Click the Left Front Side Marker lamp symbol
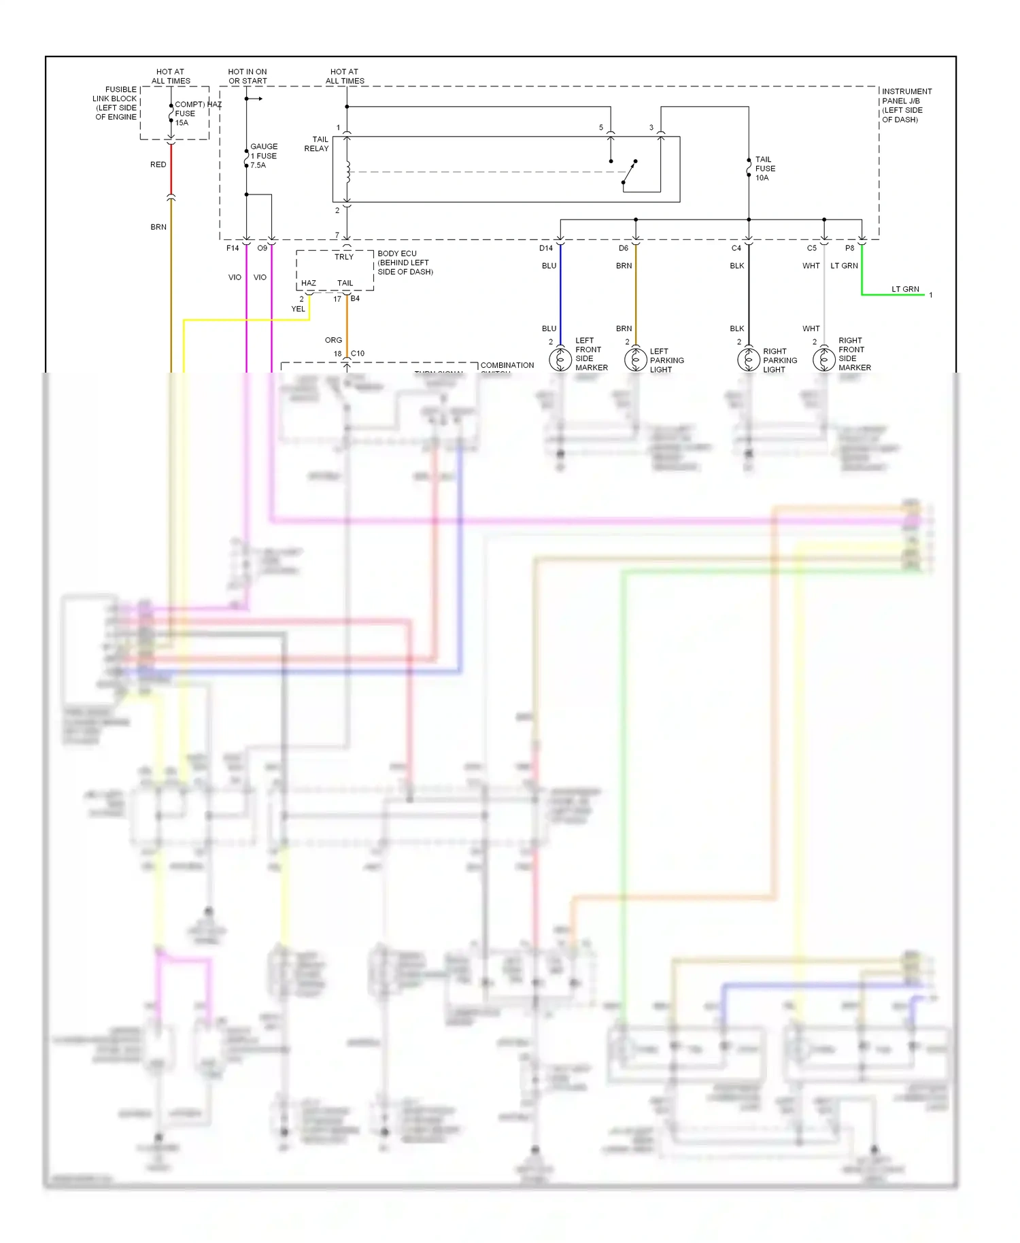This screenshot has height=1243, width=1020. (560, 358)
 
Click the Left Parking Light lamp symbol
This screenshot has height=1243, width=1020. (635, 358)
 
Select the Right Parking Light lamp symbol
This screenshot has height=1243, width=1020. (748, 358)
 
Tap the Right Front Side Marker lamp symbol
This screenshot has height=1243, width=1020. (823, 358)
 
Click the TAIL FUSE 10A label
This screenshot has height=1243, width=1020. (765, 169)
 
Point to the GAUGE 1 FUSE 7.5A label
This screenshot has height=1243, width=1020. (263, 156)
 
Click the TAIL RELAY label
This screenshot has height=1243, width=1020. (316, 143)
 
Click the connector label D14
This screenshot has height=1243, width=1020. (546, 248)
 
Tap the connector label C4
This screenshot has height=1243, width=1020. (736, 248)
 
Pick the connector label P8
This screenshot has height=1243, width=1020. (849, 248)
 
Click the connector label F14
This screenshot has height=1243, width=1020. (233, 248)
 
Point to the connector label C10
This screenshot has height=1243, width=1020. (358, 354)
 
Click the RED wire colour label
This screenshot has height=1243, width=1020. (158, 165)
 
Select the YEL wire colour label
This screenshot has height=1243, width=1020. (298, 309)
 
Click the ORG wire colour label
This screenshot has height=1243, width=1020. (333, 340)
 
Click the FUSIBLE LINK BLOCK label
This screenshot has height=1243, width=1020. (116, 103)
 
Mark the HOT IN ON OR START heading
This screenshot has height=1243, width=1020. (248, 76)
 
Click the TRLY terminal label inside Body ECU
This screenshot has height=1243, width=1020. (344, 257)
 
